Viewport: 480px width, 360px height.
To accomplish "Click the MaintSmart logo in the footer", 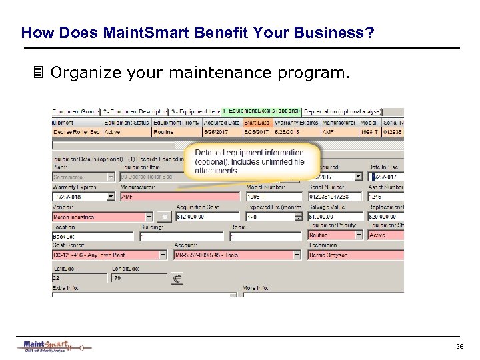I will (x=53, y=346).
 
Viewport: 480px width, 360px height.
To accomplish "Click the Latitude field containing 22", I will (x=79, y=277).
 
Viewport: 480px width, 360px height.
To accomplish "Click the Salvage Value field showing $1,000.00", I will (x=335, y=217).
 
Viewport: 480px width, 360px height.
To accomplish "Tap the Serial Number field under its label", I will (x=335, y=197).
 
